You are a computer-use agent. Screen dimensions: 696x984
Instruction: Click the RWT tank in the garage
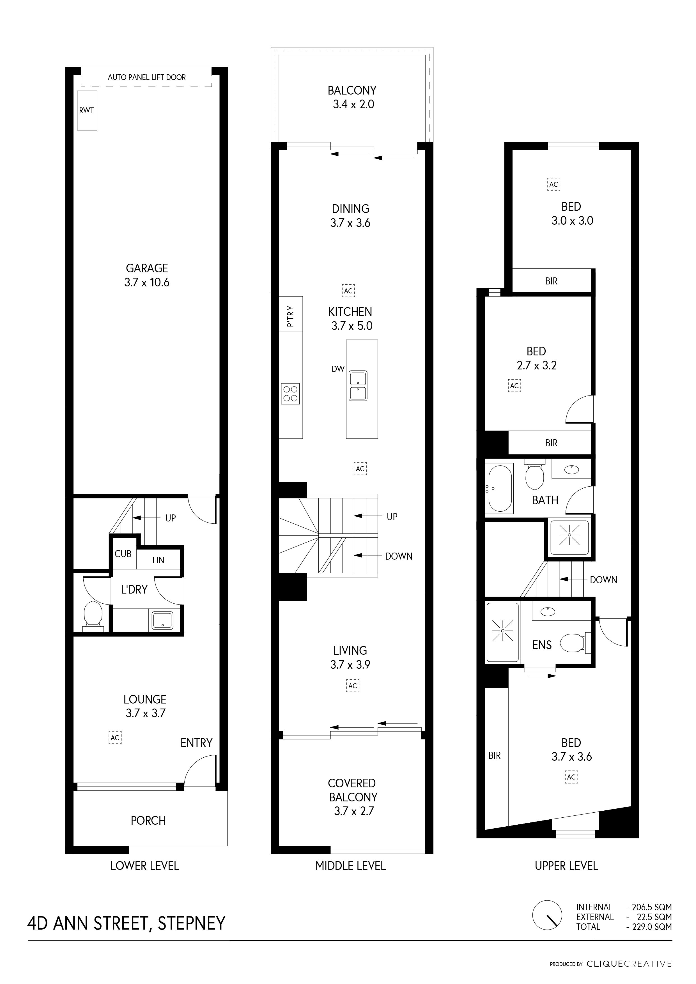87,110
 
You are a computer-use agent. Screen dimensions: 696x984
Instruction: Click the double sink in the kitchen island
358,386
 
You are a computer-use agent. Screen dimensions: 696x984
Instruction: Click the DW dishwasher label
338,369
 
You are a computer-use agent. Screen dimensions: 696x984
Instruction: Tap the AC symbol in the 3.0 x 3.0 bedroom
554,184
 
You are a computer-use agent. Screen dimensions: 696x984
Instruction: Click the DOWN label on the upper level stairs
603,580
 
